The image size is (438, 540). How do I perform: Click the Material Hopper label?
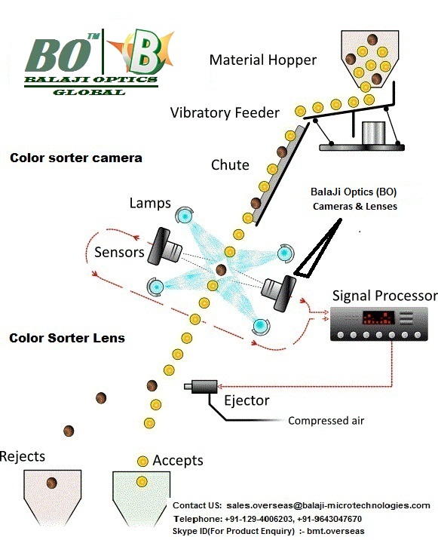click(263, 60)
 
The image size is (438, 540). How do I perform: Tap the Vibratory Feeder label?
click(225, 112)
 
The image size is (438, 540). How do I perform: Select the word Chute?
click(230, 165)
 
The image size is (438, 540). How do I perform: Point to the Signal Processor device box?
click(378, 324)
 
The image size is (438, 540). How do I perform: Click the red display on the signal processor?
click(378, 318)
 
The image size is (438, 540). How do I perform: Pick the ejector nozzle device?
click(201, 387)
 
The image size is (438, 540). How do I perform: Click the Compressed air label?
click(326, 421)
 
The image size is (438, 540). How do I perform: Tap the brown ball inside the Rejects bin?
click(52, 483)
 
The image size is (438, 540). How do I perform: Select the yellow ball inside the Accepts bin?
click(142, 481)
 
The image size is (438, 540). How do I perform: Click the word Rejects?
click(23, 456)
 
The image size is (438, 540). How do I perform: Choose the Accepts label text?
click(178, 461)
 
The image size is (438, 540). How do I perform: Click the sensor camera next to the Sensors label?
click(164, 247)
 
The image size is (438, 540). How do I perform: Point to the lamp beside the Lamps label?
click(184, 216)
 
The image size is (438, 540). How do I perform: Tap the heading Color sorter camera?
click(76, 158)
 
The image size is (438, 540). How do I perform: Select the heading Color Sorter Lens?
click(67, 338)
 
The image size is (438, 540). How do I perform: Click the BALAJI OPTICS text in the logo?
click(91, 79)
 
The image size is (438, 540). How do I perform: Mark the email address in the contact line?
click(328, 505)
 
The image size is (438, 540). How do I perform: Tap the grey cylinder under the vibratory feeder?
click(374, 133)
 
